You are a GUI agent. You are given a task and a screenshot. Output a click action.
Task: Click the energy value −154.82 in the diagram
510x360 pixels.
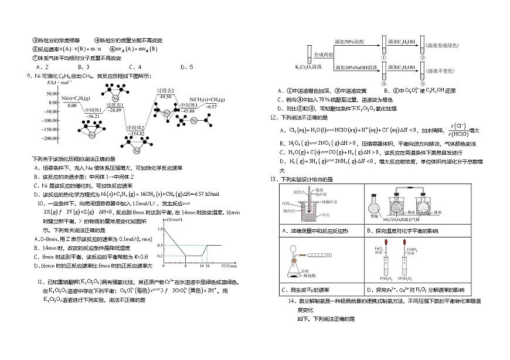138,134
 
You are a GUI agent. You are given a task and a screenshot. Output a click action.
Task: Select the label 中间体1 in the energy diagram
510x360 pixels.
92,110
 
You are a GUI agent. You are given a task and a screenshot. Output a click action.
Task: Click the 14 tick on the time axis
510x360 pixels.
202,266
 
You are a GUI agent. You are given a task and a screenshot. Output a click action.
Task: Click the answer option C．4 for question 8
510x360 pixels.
135,66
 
